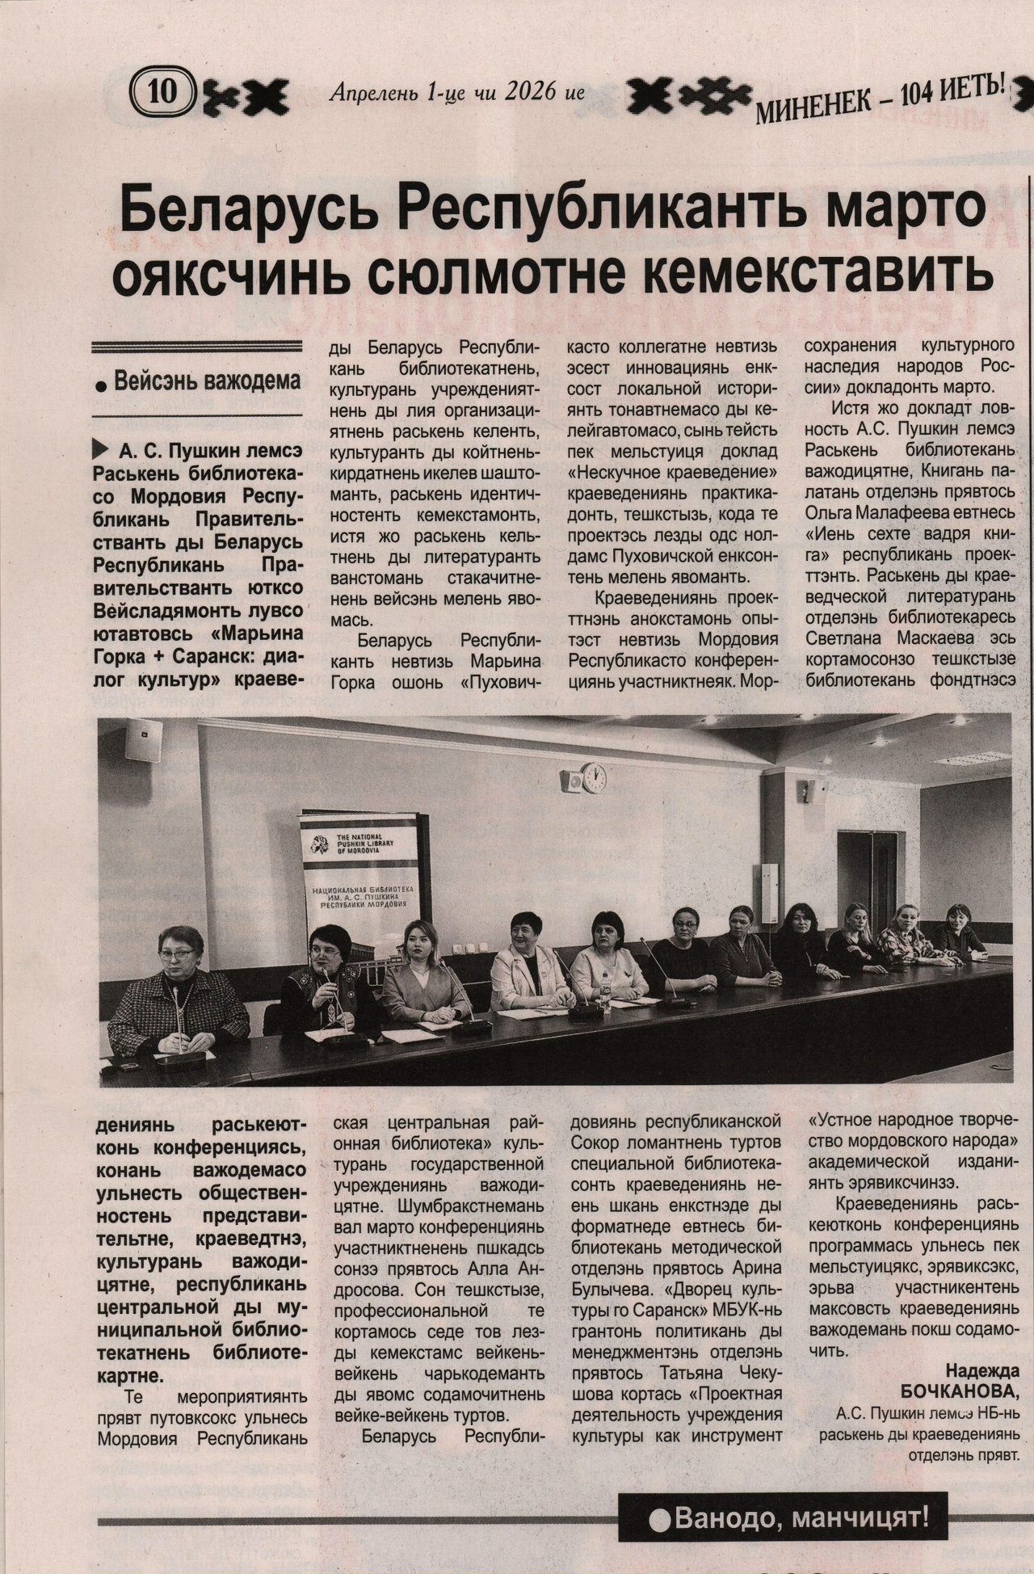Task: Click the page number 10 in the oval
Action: click(x=162, y=91)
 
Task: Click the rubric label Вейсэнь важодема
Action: click(x=206, y=381)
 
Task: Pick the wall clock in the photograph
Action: click(x=594, y=777)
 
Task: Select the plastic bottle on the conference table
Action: click(x=605, y=994)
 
